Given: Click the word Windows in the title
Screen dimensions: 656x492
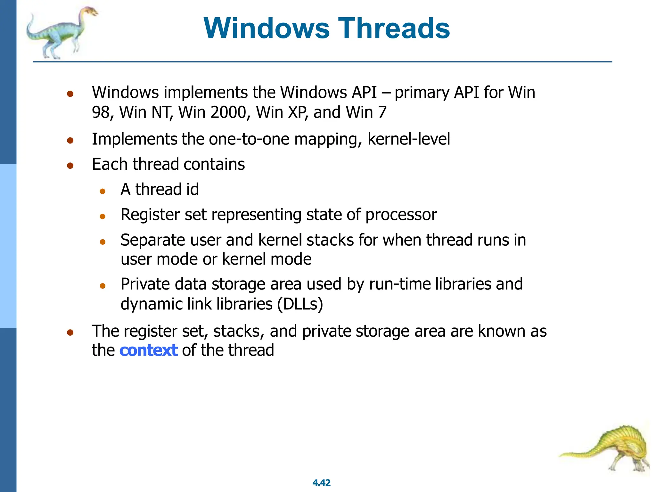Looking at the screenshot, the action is tap(266, 28).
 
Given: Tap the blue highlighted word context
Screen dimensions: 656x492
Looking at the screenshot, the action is tap(148, 350).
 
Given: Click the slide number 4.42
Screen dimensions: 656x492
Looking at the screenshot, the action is tap(321, 483).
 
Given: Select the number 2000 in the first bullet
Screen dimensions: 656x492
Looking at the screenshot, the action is tap(228, 112).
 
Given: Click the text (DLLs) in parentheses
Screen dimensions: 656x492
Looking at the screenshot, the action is tap(300, 304).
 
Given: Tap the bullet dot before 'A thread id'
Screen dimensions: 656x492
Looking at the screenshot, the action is tap(102, 192).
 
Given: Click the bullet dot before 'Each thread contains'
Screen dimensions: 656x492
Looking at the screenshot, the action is tap(70, 166).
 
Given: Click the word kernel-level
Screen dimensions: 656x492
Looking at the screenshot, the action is tap(408, 139).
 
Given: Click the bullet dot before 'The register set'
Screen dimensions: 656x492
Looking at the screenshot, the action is tap(70, 332).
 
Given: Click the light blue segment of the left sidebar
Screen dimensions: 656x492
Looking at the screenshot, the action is tap(8, 246).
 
